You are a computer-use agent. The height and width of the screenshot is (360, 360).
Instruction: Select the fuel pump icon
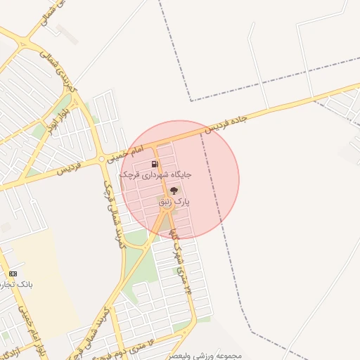tap(155, 165)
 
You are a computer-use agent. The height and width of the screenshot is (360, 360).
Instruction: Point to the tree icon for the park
tap(174, 190)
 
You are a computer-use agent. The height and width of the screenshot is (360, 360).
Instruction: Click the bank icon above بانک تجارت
tap(13, 274)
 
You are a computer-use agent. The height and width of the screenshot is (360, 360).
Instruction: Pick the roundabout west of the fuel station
tap(103, 159)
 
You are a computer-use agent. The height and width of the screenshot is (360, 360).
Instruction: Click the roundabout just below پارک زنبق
tap(170, 212)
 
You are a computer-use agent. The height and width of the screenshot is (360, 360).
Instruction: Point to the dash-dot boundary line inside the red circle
tap(211, 176)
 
